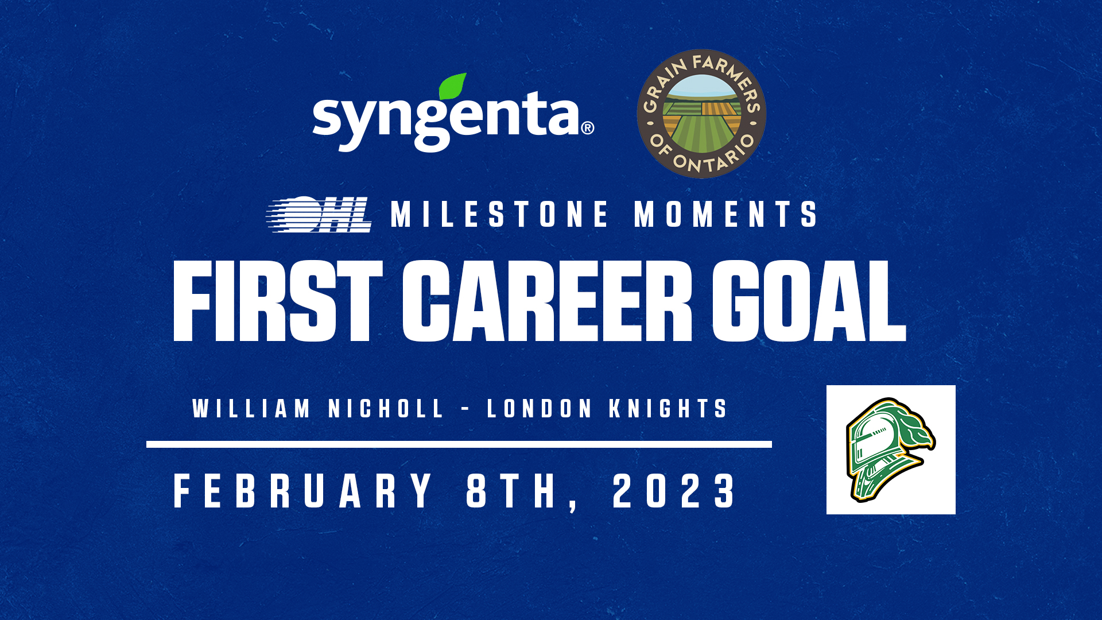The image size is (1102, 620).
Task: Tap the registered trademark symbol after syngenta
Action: tap(587, 127)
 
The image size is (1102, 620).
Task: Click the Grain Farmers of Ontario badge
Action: tap(701, 114)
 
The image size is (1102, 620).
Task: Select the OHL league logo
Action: tap(319, 214)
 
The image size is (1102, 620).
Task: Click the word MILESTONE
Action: tap(499, 214)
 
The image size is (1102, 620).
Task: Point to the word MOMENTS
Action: tap(725, 214)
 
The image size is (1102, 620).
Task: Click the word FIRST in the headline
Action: tap(278, 301)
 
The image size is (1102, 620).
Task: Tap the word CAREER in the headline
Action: tap(547, 301)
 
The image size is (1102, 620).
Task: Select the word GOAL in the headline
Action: tap(809, 301)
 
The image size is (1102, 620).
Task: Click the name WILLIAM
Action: tap(251, 409)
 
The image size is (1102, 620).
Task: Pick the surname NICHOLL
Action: tap(386, 409)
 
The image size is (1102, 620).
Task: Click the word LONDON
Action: tap(540, 409)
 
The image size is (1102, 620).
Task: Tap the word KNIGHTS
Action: tap(668, 409)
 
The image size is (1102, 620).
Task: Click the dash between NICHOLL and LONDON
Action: tap(465, 409)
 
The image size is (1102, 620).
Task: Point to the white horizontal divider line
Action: tap(459, 444)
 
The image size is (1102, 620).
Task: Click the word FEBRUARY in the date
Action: tap(303, 491)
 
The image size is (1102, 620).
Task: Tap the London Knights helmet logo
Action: tap(891, 449)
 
